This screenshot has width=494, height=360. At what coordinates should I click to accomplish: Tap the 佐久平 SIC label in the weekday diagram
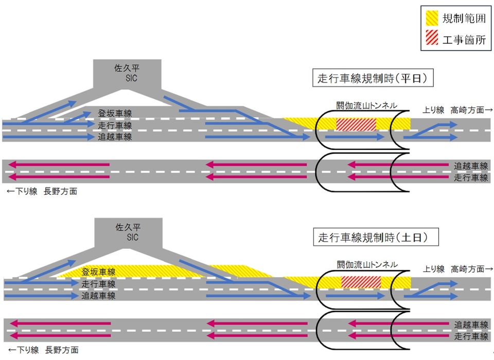tap(127, 73)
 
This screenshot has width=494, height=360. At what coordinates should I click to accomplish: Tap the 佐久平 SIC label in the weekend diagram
tap(127, 232)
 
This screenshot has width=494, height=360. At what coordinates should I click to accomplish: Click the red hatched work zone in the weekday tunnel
tap(356, 124)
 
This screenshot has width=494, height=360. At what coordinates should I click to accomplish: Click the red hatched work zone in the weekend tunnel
tap(361, 282)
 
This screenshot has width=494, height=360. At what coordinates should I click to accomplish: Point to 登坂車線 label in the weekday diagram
tap(115, 113)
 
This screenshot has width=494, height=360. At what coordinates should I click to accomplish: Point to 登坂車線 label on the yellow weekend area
tap(98, 272)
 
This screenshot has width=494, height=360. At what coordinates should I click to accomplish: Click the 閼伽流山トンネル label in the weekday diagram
tap(366, 106)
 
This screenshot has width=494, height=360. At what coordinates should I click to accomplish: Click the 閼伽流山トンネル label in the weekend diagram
tap(366, 264)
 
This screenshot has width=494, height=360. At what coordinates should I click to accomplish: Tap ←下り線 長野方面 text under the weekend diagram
tap(44, 350)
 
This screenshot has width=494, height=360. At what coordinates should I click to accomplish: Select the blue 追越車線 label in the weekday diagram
tap(115, 137)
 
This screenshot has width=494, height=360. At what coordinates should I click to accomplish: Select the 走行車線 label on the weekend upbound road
tap(98, 284)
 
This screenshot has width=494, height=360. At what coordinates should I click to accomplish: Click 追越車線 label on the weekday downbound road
tap(471, 166)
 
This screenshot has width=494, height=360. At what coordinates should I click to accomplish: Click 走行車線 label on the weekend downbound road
tap(471, 337)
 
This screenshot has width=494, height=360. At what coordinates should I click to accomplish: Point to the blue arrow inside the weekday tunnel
tap(356, 138)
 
